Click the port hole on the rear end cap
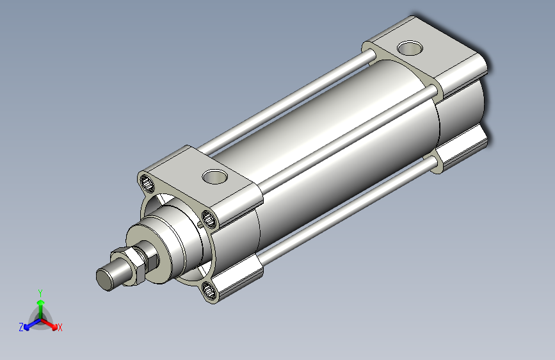(410, 48)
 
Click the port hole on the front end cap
(214, 176)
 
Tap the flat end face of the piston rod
(103, 279)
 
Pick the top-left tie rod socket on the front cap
(147, 183)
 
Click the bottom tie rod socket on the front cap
(209, 291)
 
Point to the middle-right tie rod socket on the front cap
(209, 219)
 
